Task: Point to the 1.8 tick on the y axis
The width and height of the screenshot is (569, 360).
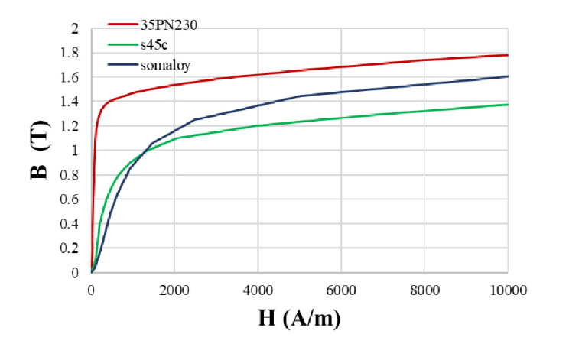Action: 70,54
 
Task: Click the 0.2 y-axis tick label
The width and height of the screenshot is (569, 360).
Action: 70,248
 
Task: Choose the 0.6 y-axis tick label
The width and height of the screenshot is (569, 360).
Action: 70,199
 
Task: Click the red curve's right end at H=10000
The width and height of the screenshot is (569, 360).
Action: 508,55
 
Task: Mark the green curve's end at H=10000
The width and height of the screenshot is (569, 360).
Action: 508,105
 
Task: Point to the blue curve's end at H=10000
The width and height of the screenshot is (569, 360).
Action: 508,76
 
